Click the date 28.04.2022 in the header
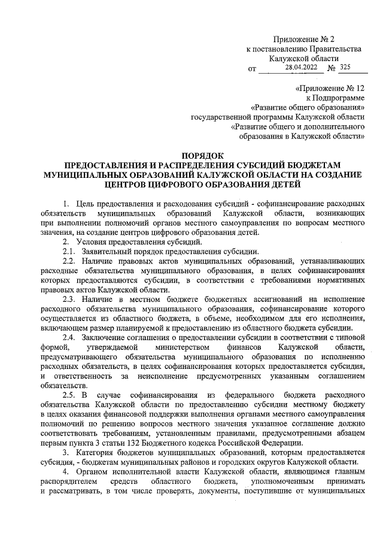pyautogui.click(x=302, y=67)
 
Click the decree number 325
pyautogui.click(x=345, y=67)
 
